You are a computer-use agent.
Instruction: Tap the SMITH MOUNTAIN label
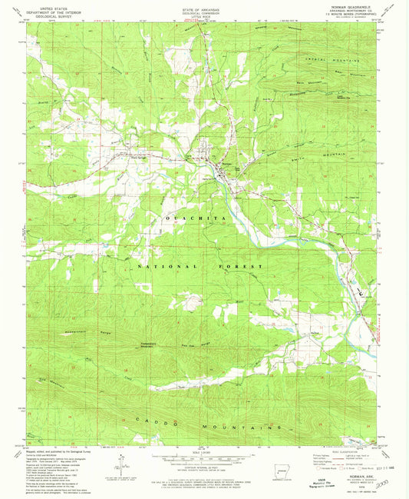tap(307, 155)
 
